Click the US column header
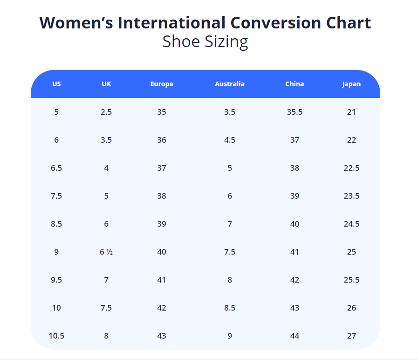point(56,84)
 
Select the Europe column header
point(162,84)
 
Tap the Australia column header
point(230,84)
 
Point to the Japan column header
point(351,84)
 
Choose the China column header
point(295,84)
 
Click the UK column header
point(106,84)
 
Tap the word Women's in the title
point(76,23)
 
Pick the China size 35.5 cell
point(295,112)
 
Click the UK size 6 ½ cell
point(106,252)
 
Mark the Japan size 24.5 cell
point(351,224)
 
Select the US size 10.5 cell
point(56,336)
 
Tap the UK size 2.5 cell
point(106,112)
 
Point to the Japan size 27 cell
point(351,336)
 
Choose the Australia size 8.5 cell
point(230,308)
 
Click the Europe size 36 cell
point(162,140)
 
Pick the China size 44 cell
point(295,336)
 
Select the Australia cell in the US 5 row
point(230,112)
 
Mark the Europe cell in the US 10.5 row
point(162,336)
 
